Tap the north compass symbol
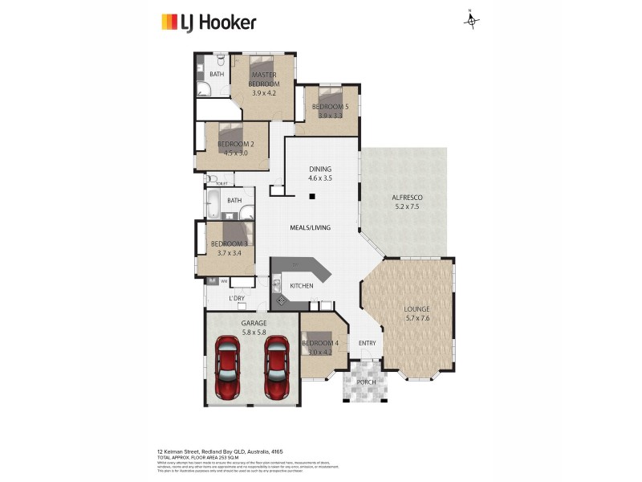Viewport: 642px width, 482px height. pos(472,20)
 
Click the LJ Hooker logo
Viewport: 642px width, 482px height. pos(209,22)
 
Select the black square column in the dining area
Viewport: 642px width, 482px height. pos(314,196)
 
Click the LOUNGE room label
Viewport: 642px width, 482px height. pos(416,308)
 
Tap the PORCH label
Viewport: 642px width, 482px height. pos(366,382)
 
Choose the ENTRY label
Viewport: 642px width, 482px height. pos(367,344)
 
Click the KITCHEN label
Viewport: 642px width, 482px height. pos(301,285)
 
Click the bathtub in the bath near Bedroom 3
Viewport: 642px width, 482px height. pos(216,205)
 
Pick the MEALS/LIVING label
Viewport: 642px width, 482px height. pos(311,228)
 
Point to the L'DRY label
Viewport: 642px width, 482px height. pos(236,299)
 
